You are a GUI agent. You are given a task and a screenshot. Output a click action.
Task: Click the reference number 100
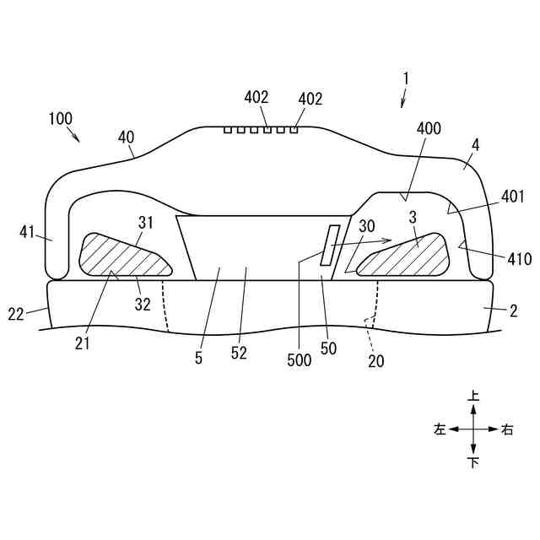60,119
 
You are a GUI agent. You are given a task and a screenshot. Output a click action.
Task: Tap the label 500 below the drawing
299,361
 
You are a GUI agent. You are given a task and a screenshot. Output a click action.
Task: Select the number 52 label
239,354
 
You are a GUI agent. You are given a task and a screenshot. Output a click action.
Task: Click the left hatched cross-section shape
122,256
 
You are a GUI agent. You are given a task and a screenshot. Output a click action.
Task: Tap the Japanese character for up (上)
473,395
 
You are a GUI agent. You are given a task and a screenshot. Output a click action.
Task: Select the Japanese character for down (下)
473,462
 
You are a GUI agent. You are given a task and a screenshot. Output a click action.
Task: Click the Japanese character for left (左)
439,429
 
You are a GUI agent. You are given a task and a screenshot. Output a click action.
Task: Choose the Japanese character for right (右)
507,429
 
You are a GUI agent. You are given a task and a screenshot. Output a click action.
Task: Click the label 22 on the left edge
17,315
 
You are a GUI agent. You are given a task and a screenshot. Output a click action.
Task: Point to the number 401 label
512,197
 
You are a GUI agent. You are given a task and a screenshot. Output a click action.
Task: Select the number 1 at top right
406,78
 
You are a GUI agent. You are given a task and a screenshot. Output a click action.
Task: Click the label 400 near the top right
429,128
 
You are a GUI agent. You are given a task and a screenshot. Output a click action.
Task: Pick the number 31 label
144,222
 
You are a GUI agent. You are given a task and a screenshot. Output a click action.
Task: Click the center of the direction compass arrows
473,429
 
